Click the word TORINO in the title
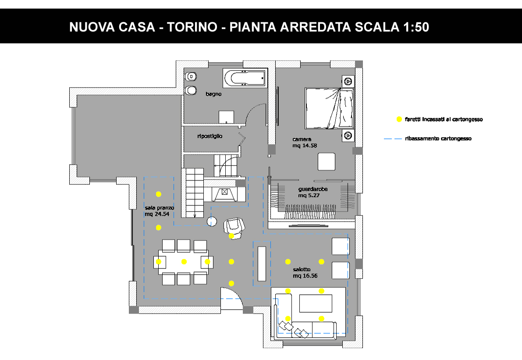pos(192,27)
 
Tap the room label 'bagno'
pos(213,94)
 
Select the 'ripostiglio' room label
pos(210,136)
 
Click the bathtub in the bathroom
pos(245,78)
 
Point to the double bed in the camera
pos(329,108)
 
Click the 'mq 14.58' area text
pos(305,146)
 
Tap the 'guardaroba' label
pos(312,189)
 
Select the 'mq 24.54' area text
pos(157,214)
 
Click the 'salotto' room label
pos(302,269)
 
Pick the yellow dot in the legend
pos(399,119)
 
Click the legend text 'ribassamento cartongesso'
pos(438,139)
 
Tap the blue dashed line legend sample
pos(393,139)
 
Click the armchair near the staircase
pos(234,228)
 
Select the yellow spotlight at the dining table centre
pos(184,262)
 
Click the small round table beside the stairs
pos(212,221)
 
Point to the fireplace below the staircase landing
pos(225,194)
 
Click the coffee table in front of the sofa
pos(316,304)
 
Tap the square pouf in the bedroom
pos(326,162)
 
